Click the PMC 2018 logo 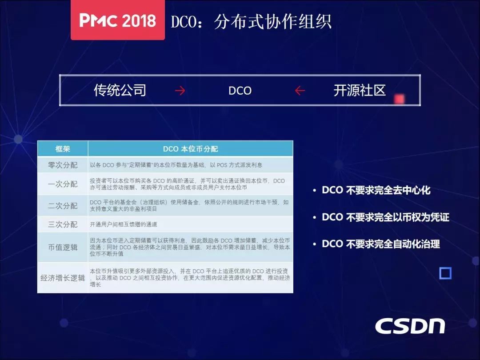click(118, 20)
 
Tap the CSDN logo click(410, 326)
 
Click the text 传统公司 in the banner click(120, 90)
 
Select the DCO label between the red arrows click(240, 91)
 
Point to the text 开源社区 click(360, 90)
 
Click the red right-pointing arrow click(180, 91)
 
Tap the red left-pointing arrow click(300, 91)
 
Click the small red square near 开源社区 click(399, 99)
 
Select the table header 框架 click(63, 149)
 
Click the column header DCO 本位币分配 click(190, 149)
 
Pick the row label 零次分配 click(63, 165)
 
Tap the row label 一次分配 click(63, 184)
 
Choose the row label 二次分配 click(63, 205)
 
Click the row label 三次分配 click(63, 224)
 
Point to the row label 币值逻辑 click(63, 247)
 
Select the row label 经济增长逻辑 click(63, 278)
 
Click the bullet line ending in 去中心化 click(372, 190)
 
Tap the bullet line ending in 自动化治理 click(376, 244)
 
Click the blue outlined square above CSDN click(445, 273)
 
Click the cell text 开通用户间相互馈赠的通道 click(124, 224)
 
